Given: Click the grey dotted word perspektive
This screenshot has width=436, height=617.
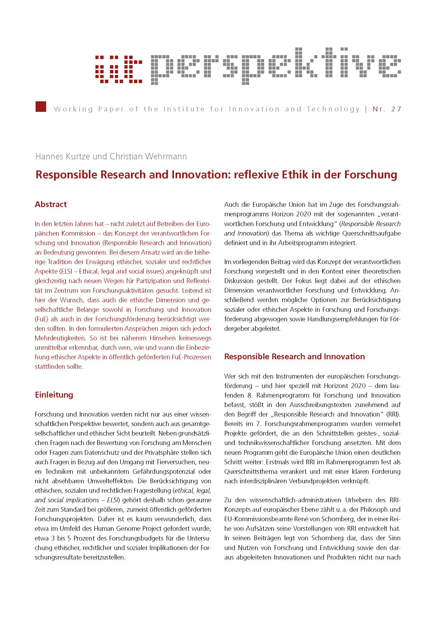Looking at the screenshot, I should coord(275,66).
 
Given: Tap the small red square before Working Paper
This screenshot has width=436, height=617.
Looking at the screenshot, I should coord(41,106).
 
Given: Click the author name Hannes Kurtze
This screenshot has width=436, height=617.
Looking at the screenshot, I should coord(63,156).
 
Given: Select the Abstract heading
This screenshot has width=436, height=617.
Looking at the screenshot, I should coord(51,204).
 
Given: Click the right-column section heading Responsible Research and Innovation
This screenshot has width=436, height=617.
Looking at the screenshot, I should coord(294,356).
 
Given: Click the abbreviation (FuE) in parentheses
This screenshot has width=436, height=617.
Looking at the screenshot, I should coord(42,319).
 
